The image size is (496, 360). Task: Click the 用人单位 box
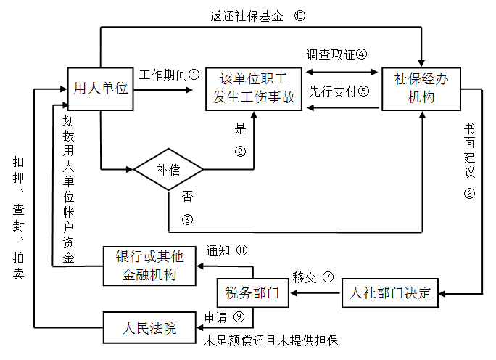[101, 89]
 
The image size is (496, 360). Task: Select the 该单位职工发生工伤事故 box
[254, 89]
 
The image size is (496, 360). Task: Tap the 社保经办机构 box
[421, 89]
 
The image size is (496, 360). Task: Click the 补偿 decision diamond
[168, 170]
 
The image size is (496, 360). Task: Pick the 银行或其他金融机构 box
[149, 266]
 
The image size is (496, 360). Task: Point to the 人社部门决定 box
[390, 293]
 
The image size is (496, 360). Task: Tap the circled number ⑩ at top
[300, 15]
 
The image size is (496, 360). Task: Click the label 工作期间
[163, 75]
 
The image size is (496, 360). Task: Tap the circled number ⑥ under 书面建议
[469, 194]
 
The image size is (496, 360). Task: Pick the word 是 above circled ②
[241, 131]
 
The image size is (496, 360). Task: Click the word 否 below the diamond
[187, 197]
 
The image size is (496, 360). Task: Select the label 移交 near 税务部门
[304, 277]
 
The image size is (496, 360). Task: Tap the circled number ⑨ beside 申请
[239, 316]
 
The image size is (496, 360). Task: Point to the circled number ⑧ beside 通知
[242, 250]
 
